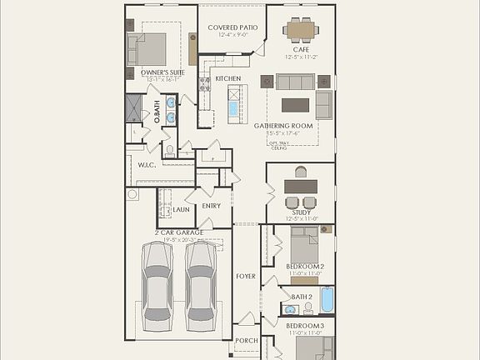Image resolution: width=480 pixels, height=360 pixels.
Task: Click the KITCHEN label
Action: pos(228,78)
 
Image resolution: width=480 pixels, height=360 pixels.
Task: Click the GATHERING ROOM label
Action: pos(283,125)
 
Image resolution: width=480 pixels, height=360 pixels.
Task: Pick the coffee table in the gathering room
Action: pos(295,105)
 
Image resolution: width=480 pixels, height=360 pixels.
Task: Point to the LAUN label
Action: pos(182,209)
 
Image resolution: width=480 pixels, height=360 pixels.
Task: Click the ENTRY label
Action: pos(212,206)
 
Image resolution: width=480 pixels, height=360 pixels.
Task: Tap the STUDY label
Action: pos(301,212)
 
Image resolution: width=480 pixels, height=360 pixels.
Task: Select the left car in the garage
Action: pos(158,280)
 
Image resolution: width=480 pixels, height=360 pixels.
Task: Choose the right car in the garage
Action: pos(201,280)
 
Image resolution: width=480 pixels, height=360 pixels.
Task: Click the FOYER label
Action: pos(246,276)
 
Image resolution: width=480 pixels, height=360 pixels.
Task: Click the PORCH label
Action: pos(246,340)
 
